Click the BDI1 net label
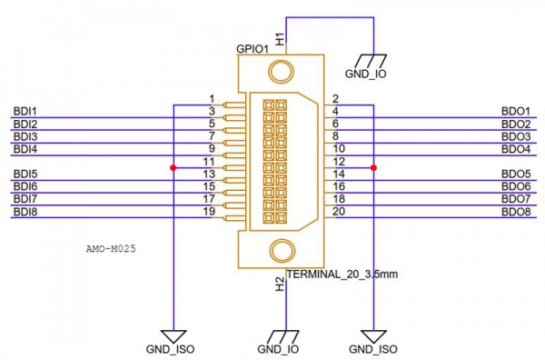coord(25,111)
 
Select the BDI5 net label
coord(25,174)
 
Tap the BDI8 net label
coord(25,211)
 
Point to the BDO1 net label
coord(515,111)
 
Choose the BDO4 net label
coord(515,148)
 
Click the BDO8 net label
coord(515,211)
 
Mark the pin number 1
coord(211,98)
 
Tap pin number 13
coord(209,174)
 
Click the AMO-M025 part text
coord(110,246)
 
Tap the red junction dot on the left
coord(173,167)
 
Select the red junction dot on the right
coord(373,167)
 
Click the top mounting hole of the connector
coord(282,74)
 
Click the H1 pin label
coord(280,38)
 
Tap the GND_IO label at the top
coord(367,74)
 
